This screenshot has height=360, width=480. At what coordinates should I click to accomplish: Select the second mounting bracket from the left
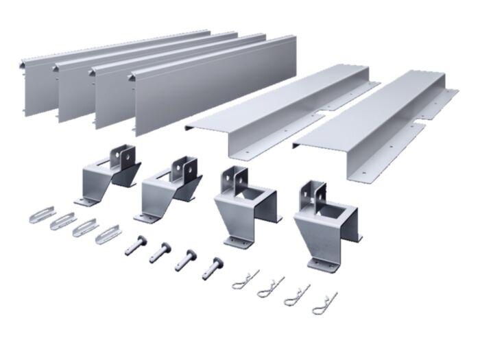[171, 189]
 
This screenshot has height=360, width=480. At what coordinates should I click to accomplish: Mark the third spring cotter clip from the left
[297, 295]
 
